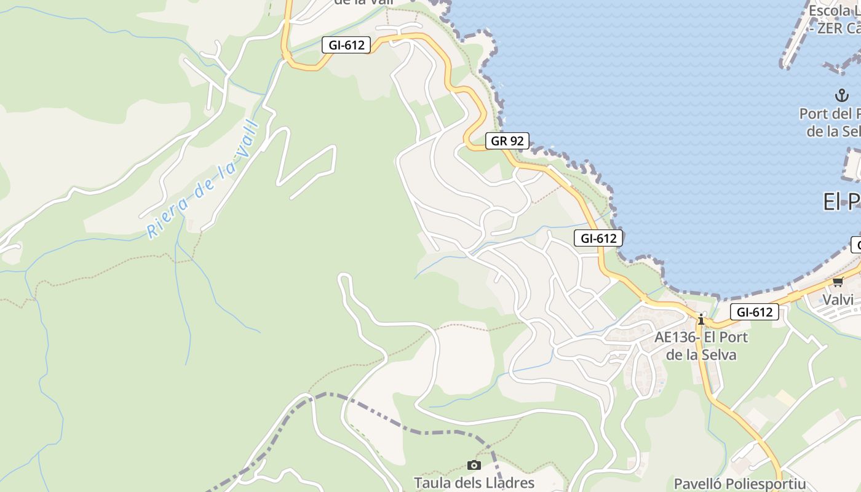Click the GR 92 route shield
click(x=507, y=141)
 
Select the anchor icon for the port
click(x=841, y=95)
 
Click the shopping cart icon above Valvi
click(x=838, y=282)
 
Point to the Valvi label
click(x=838, y=300)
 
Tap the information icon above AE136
click(x=700, y=319)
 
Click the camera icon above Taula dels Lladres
click(x=474, y=465)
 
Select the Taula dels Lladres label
click(x=474, y=483)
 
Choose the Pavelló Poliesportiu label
click(x=740, y=483)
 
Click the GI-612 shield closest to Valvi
click(x=755, y=312)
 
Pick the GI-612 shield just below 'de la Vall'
click(x=346, y=45)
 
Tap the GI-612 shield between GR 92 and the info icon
click(x=598, y=238)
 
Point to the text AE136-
click(x=676, y=337)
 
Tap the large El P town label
click(x=841, y=202)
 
